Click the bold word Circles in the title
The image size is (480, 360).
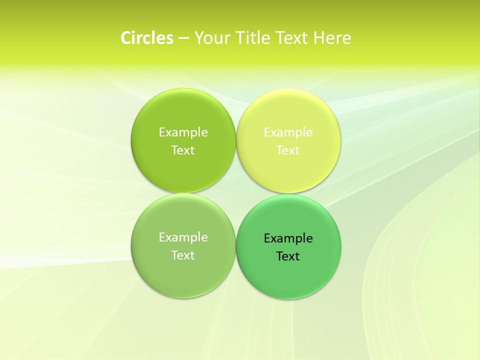[x=147, y=38]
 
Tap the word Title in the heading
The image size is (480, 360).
[x=253, y=38]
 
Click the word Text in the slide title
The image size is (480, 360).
[x=292, y=38]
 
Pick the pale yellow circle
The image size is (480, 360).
[x=288, y=170]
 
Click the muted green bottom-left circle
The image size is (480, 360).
[x=183, y=275]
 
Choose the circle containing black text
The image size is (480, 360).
[x=288, y=277]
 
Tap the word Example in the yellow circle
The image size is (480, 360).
[x=288, y=132]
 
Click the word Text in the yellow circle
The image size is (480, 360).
[x=288, y=150]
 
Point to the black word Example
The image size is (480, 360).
[x=288, y=238]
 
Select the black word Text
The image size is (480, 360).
[x=288, y=256]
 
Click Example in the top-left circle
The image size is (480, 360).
[x=183, y=132]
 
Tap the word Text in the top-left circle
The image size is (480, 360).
[x=183, y=150]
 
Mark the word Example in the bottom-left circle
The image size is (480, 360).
[x=183, y=237]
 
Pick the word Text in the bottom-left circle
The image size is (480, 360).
[x=183, y=255]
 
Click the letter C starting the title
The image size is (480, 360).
[x=126, y=38]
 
